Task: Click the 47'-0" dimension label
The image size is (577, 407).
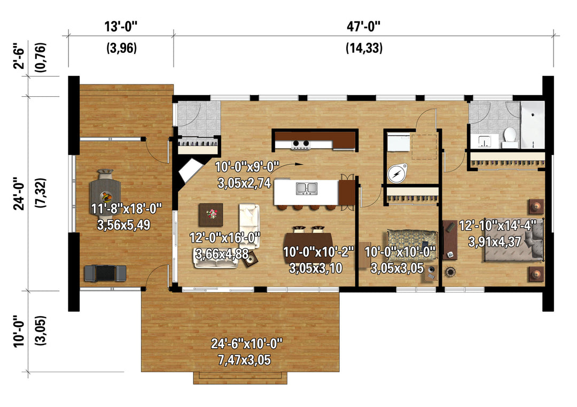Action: [363, 27]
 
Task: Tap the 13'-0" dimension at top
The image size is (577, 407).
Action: [121, 27]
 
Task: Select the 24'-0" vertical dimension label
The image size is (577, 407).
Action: [20, 194]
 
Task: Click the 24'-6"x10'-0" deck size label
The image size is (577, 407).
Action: [246, 344]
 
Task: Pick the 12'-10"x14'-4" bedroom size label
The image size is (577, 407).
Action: [501, 225]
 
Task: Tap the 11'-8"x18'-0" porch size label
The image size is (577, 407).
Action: [126, 209]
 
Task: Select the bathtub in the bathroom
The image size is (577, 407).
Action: [533, 125]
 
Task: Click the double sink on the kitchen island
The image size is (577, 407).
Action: [307, 188]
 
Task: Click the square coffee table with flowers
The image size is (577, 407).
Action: [211, 214]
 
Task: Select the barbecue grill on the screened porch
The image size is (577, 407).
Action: [105, 273]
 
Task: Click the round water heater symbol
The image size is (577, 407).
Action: [396, 173]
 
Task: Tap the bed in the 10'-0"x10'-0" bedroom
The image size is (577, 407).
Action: [411, 244]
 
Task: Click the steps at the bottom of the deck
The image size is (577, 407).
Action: [240, 378]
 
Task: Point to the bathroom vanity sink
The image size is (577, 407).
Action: [485, 141]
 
